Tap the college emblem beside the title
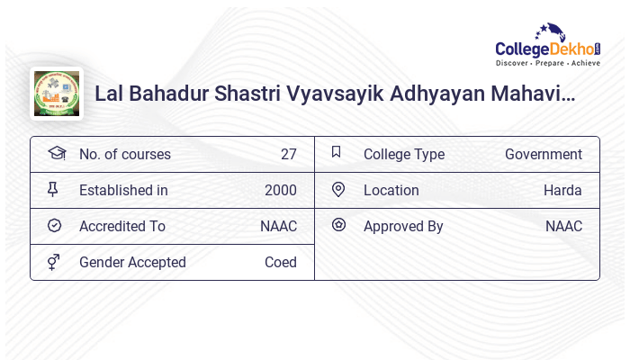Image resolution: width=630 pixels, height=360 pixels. point(56,93)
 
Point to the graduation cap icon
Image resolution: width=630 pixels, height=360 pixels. point(56,154)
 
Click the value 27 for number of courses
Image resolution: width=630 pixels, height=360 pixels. point(288,155)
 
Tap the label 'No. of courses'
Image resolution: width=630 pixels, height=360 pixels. point(124,155)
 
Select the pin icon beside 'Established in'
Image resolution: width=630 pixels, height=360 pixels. point(53,190)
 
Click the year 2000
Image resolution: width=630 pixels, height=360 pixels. point(280,191)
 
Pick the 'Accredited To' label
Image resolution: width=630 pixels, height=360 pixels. point(121,227)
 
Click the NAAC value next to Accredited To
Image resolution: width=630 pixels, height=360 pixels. point(278,227)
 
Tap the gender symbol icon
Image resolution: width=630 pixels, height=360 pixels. point(54,262)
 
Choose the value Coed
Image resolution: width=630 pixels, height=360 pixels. point(280,263)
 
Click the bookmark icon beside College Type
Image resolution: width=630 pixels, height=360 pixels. point(337,153)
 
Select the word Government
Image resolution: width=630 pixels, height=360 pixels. point(543,155)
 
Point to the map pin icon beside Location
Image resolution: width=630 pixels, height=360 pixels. point(338,190)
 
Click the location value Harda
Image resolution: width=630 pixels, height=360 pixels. point(562,191)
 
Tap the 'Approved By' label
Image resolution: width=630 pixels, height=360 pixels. point(403,227)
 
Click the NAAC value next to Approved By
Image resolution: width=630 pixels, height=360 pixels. point(563,227)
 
